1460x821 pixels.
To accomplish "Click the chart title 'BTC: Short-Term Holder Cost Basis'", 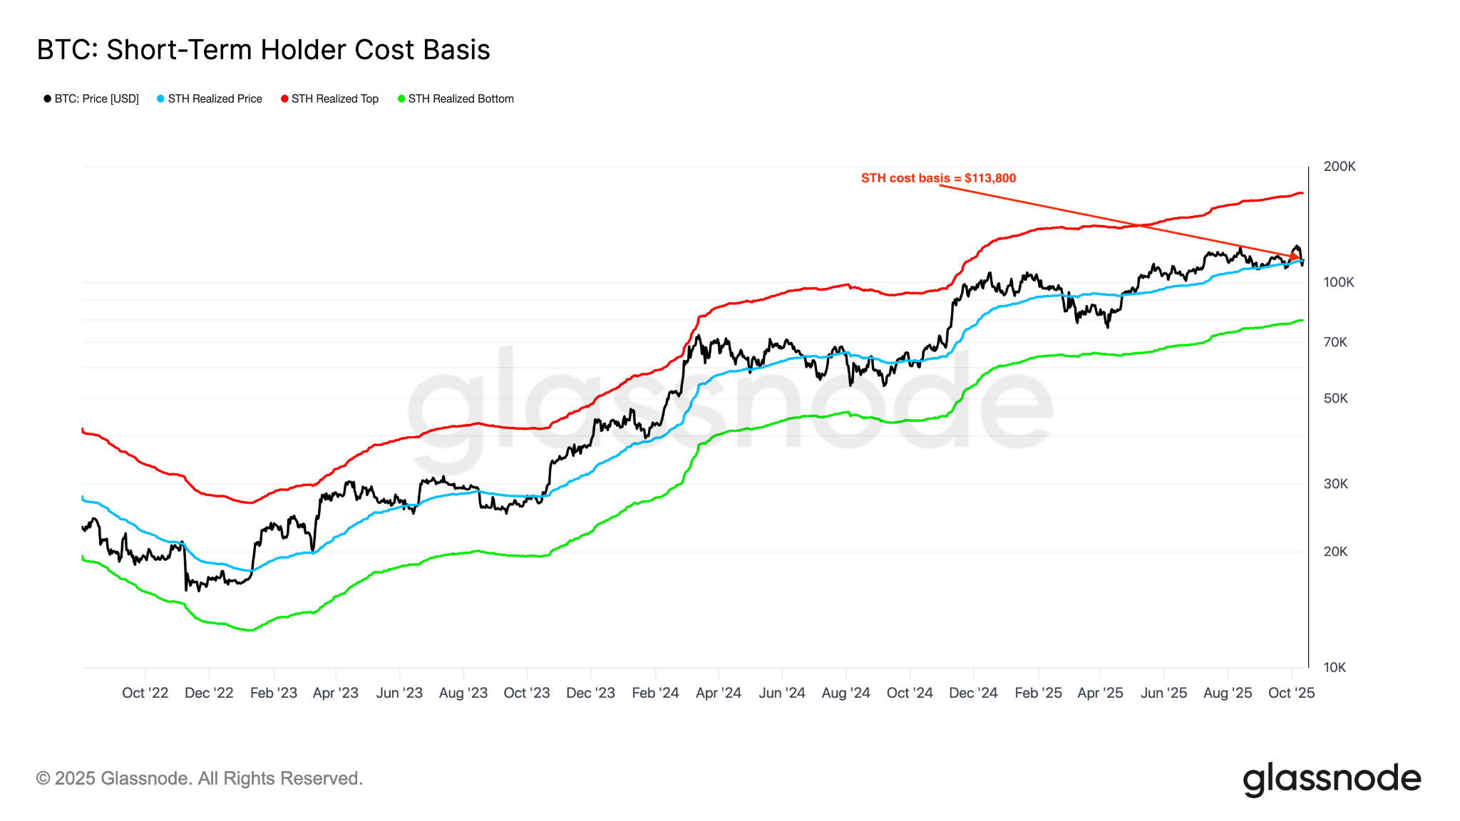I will tap(263, 50).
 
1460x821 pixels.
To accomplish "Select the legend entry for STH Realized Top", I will tap(334, 99).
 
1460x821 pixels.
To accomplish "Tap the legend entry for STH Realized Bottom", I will tap(461, 99).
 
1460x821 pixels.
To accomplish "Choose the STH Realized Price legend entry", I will tap(215, 99).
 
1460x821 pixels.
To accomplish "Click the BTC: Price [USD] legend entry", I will tap(96, 99).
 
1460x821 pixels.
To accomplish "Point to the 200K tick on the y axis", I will tap(1339, 167).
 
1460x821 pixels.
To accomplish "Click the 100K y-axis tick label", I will tap(1338, 282).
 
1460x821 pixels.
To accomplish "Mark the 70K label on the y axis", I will tap(1335, 342).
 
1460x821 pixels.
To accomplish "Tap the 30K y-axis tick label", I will tap(1335, 484).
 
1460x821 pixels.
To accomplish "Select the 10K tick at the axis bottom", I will tap(1335, 668).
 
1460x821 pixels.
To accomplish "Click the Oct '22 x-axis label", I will tap(145, 693).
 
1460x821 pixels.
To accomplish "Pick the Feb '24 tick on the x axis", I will tap(655, 693).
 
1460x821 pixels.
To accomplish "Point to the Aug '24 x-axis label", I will tap(845, 693).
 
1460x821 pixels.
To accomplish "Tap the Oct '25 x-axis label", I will tap(1291, 693).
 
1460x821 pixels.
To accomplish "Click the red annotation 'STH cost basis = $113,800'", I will tap(938, 178).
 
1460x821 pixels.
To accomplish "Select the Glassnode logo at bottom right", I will tap(1332, 779).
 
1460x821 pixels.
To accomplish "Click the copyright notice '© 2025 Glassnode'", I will tap(200, 778).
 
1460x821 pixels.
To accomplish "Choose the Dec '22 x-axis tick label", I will tap(209, 693).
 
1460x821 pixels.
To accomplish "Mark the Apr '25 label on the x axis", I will tap(1100, 693).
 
